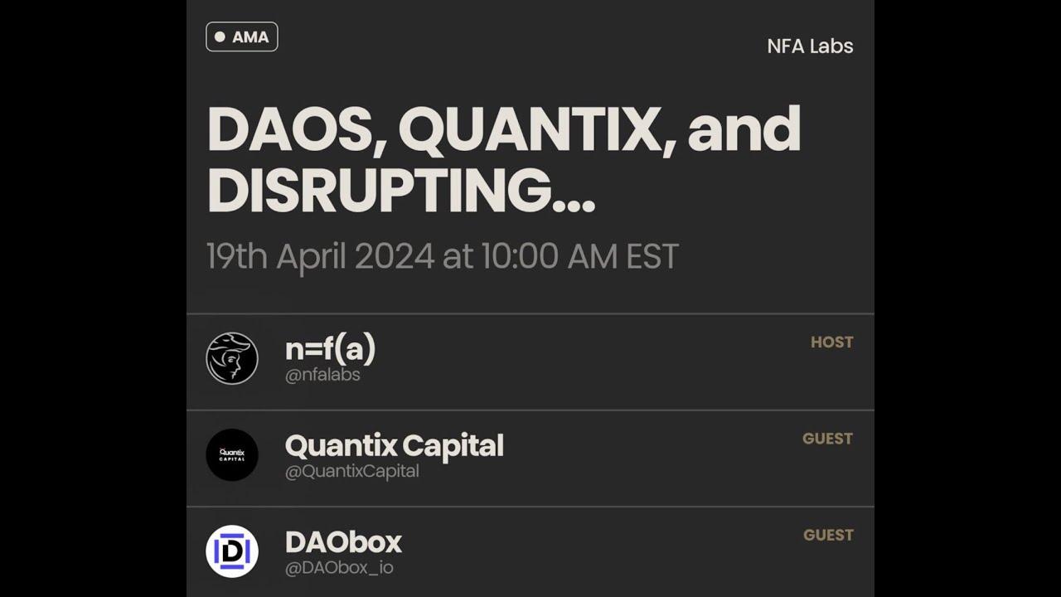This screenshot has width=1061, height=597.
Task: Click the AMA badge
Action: [241, 36]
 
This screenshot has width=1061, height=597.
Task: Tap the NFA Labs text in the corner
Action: [810, 46]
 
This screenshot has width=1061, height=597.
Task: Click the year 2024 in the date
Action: [394, 257]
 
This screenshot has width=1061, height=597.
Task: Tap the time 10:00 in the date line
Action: [520, 257]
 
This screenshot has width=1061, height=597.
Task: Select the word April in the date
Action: [311, 257]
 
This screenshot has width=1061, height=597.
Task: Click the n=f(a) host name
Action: [330, 349]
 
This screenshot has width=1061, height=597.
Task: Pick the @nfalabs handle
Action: [322, 375]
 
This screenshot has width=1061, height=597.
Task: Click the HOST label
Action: [831, 342]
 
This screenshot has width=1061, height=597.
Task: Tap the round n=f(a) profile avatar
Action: [232, 358]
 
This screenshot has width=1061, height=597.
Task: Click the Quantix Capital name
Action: [394, 446]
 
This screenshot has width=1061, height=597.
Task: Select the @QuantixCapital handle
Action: [351, 471]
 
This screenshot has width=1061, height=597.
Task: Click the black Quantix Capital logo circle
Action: [232, 454]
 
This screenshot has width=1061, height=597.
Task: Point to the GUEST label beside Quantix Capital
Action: [827, 439]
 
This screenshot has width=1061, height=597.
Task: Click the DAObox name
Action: [343, 542]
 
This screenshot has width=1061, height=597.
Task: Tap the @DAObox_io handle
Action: [339, 568]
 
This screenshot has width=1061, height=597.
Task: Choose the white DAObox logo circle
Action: [232, 551]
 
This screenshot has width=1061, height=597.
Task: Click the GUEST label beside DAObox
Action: [828, 535]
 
